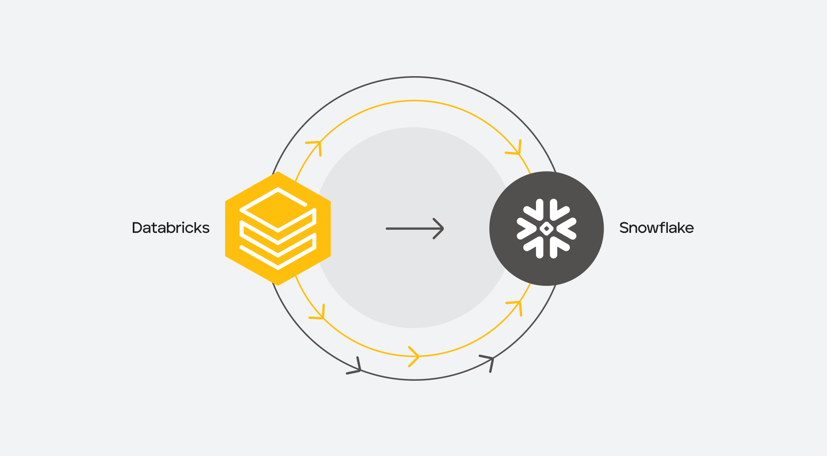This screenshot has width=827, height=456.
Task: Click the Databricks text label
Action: pos(170,228)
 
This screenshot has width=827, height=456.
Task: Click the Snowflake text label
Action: pos(656,228)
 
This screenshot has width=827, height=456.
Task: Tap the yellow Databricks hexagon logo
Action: pos(278,228)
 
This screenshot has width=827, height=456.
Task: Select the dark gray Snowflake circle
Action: pos(546,228)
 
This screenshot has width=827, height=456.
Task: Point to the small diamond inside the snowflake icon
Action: pos(546,228)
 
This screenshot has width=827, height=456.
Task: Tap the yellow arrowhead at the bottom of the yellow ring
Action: pos(415,357)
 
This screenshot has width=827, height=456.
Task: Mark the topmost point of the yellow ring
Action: pos(415,101)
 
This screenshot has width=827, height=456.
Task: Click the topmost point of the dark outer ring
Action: pos(415,77)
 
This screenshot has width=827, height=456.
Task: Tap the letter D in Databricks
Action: pos(137,228)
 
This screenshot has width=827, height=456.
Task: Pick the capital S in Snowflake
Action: pos(624,228)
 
